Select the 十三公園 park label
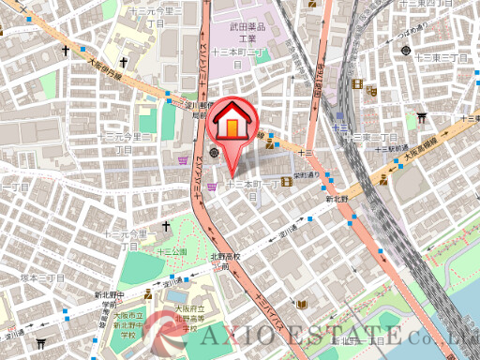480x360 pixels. click(x=173, y=251)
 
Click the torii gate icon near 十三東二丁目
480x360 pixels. click(x=423, y=118)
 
